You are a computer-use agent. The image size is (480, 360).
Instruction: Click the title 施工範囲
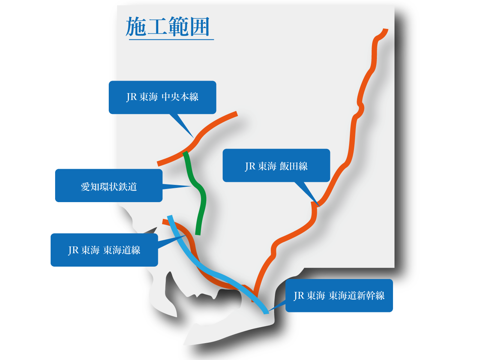pos(168,27)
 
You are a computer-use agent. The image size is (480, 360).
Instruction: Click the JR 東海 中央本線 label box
pos(162,97)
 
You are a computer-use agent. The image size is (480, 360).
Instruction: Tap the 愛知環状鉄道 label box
pos(109,186)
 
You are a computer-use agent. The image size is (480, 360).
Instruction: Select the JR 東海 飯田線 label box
pos(276,165)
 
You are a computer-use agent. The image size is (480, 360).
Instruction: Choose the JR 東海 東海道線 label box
pos(104,250)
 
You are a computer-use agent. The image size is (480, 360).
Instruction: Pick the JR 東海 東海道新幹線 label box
pos(339,295)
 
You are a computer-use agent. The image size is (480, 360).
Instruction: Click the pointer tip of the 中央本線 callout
pos(192,136)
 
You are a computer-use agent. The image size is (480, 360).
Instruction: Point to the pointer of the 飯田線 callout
pos(318,205)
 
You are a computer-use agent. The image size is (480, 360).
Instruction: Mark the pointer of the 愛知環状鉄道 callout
pos(190,186)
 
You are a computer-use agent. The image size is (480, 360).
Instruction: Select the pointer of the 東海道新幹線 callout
pos(269,310)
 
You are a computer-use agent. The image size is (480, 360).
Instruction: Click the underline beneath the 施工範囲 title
pos(171,39)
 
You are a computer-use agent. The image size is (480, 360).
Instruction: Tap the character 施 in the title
pos(135,27)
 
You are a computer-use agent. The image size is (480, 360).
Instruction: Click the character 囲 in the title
pos(199,27)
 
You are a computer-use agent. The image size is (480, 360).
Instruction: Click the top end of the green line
pos(185,153)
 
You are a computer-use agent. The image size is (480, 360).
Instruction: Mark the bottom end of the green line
pos(198,234)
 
